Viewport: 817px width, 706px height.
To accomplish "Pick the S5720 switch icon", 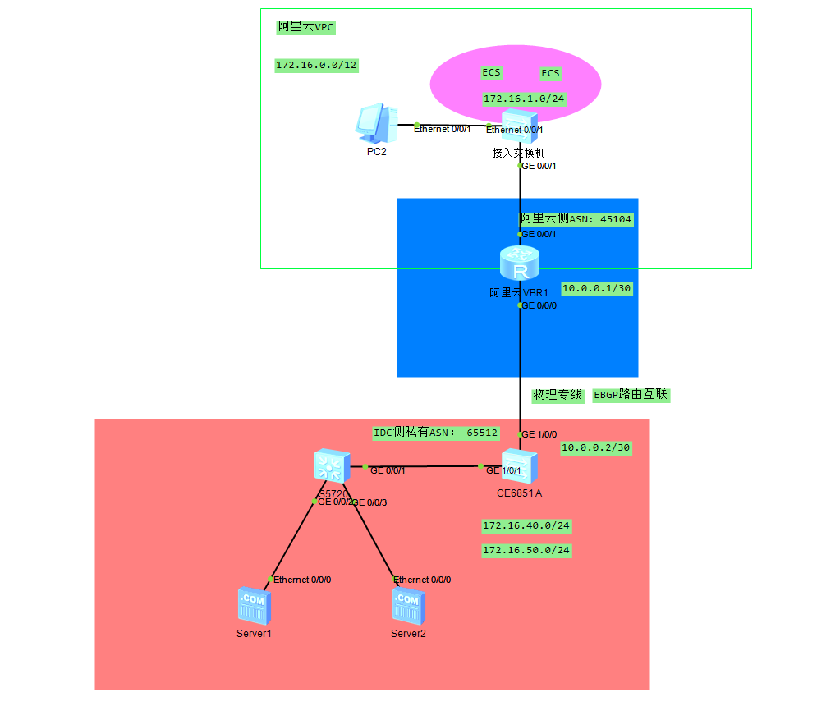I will coord(332,468).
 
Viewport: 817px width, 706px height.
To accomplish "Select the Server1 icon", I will coord(252,607).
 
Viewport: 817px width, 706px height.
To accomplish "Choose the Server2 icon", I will coord(407,607).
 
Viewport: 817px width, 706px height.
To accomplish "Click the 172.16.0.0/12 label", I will coord(317,66).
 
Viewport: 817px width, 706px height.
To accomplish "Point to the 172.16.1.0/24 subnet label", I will coord(525,99).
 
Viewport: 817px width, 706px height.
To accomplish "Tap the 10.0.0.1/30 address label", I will coord(596,289).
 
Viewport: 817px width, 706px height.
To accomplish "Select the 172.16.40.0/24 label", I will coord(526,525).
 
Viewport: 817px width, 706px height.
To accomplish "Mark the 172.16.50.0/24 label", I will coord(526,550).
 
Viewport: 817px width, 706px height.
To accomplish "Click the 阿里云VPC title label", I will coord(306,27).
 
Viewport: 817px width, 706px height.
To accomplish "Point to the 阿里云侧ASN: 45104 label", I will coord(576,219).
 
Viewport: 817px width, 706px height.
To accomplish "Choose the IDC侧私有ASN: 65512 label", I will coord(435,433).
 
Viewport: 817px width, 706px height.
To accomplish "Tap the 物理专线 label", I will coord(558,395).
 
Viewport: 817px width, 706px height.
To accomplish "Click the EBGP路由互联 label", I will coord(631,395).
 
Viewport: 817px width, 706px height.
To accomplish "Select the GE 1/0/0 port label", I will coord(540,433).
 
